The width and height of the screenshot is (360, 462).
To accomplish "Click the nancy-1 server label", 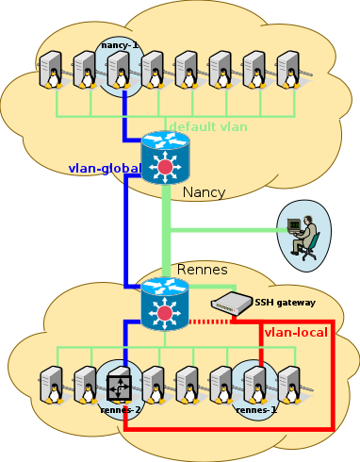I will tap(120, 43).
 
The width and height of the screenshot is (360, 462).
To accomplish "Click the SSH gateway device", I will tap(230, 305).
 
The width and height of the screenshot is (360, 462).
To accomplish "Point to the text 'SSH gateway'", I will tap(285, 303).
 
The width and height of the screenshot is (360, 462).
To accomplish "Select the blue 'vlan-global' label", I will tap(104, 169).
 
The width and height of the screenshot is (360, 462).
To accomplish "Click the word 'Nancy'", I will tap(205, 192).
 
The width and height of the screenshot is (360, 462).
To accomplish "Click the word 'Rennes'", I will tap(203, 271).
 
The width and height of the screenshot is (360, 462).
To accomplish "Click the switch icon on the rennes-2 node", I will tap(120, 387).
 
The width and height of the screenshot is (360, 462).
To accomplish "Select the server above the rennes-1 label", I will tap(254, 385).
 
